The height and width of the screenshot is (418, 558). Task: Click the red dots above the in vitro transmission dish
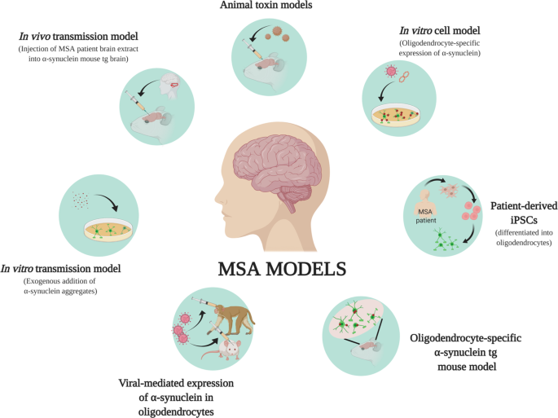click(x=81, y=197)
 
